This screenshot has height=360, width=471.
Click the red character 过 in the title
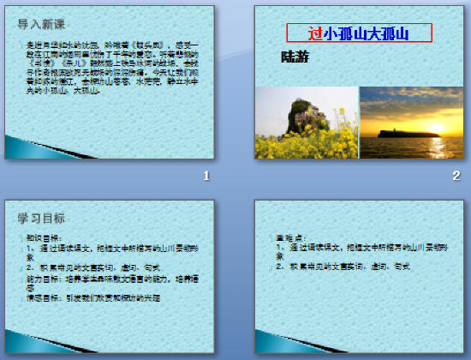[315, 33]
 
